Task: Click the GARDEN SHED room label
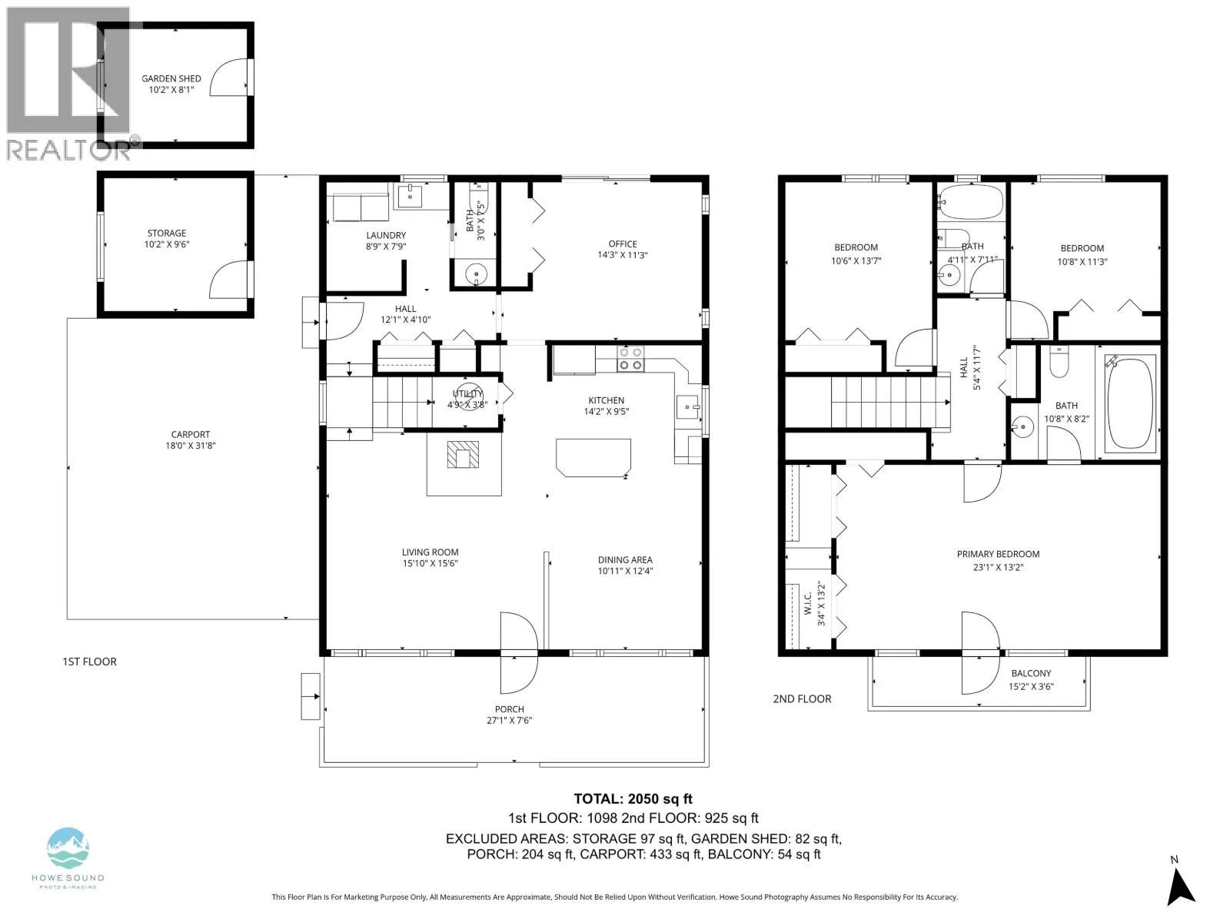(171, 79)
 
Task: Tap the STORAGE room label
(166, 234)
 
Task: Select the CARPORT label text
(191, 435)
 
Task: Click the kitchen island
(593, 457)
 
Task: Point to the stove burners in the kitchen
(630, 359)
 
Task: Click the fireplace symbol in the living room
(463, 455)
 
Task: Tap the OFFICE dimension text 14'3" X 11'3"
(623, 255)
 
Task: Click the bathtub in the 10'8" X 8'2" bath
(1130, 403)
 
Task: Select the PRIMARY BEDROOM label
(998, 554)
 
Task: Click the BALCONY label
(1031, 674)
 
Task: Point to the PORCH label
(510, 709)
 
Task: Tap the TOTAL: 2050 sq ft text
(633, 799)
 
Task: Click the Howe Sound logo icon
(68, 848)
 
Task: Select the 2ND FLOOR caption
(802, 699)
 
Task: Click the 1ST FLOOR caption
(90, 662)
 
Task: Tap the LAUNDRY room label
(386, 236)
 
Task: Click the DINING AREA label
(625, 560)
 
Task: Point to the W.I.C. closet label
(808, 603)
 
